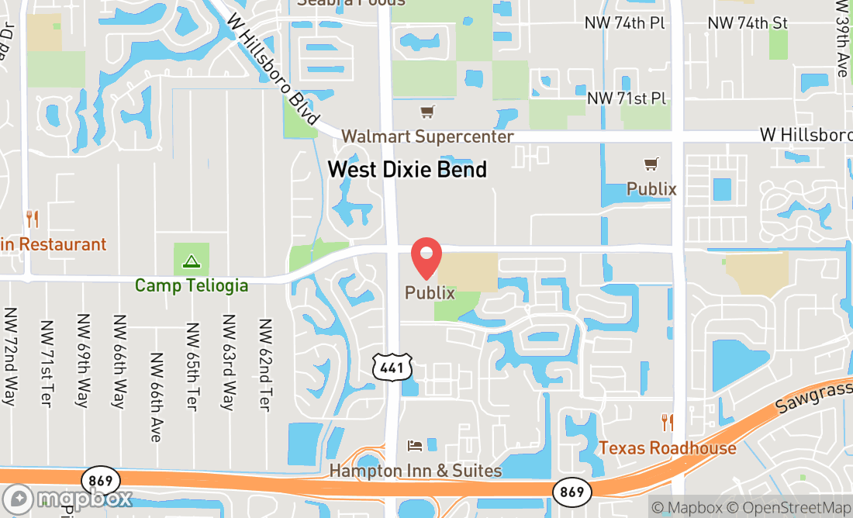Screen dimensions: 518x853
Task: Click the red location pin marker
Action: tap(426, 258)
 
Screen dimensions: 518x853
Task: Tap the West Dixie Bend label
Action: tap(407, 169)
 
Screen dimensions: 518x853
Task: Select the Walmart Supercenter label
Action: tap(427, 136)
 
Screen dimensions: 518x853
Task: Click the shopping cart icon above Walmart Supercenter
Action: tap(427, 112)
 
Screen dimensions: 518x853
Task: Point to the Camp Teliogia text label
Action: tap(192, 285)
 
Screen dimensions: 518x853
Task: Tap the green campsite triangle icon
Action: tap(192, 261)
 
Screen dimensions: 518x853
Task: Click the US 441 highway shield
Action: tap(392, 368)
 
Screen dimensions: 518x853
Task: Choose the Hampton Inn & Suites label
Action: tap(416, 471)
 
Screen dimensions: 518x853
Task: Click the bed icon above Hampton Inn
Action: tap(415, 446)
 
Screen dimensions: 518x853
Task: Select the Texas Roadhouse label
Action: tap(667, 447)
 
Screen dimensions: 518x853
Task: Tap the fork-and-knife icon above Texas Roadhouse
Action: tap(667, 423)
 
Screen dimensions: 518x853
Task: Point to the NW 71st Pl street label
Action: tap(627, 98)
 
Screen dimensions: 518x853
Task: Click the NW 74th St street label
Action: tap(747, 23)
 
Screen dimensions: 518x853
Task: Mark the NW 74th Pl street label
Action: tap(625, 23)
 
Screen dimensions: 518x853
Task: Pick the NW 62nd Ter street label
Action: tap(265, 364)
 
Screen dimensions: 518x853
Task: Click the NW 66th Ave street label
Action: tap(156, 397)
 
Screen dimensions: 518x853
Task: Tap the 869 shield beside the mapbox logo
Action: tap(100, 478)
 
